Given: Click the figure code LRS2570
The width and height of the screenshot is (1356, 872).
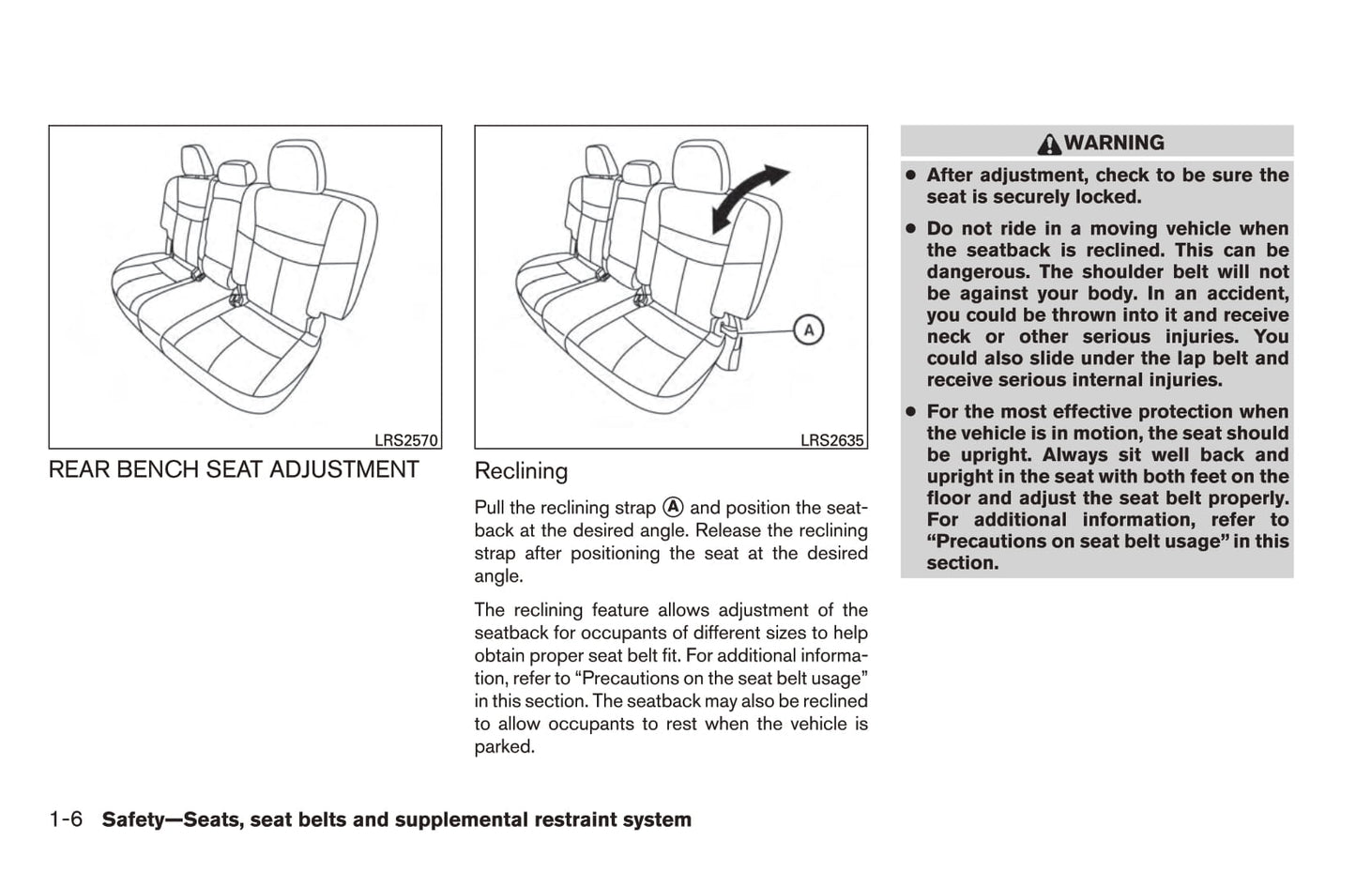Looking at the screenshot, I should pos(406,440).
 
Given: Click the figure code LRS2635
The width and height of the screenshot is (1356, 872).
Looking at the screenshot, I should pos(831,440).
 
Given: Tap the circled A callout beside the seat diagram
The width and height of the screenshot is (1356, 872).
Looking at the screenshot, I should pos(808,330).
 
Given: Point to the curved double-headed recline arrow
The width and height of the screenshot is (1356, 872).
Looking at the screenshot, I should pos(749,196).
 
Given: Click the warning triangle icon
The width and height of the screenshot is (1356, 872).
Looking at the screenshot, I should pos(1048,144).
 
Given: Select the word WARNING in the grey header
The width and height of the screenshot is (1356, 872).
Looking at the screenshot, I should pos(1114,143).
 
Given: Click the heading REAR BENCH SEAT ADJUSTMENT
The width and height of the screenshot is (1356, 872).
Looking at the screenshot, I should pos(234,469).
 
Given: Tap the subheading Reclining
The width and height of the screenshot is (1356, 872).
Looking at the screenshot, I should pos(521,471).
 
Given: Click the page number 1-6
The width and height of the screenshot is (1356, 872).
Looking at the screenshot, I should pos(66,819).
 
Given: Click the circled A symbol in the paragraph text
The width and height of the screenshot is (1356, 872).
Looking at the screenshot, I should pos(672,507).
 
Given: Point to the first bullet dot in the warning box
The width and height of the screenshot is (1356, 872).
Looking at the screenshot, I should pos(909,176).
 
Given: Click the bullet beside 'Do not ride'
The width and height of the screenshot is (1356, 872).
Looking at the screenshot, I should pos(909,229).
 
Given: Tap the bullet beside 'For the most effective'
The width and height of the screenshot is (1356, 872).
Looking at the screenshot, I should pos(909,412).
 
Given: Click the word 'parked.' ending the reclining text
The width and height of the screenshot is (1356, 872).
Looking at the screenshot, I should pos(504,747).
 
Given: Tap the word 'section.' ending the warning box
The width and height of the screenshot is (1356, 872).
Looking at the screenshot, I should pos(962,563).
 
